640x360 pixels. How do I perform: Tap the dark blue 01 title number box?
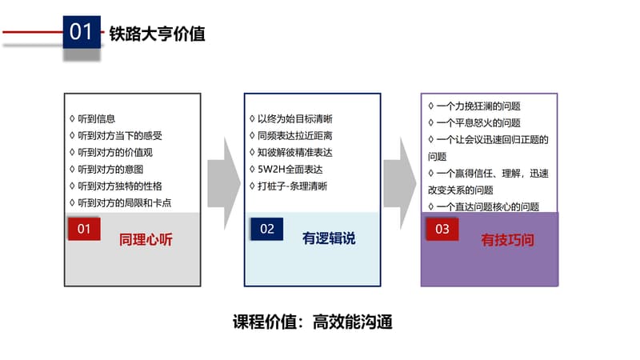point(81,32)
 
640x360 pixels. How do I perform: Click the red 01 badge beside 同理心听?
point(84,229)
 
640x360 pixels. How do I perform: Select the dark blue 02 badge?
point(266,229)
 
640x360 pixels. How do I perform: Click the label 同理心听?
point(146,239)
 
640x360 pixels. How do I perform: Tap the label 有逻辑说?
point(328,238)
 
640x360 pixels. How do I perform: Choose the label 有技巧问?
point(507,239)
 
